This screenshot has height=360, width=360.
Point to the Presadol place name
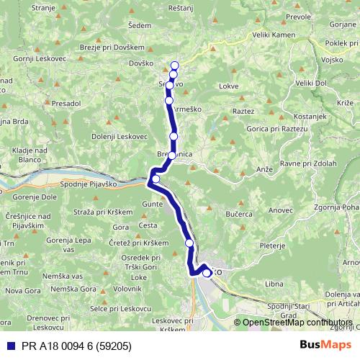click(x=66, y=103)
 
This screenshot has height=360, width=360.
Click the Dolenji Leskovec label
click(x=120, y=136)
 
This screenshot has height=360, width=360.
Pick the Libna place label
click(x=274, y=284)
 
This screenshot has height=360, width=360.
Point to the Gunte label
click(x=153, y=205)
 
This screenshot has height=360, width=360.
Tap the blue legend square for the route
click(x=7, y=345)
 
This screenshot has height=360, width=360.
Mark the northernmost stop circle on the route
click(x=174, y=66)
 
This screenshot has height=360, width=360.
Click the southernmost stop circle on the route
click(x=207, y=273)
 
